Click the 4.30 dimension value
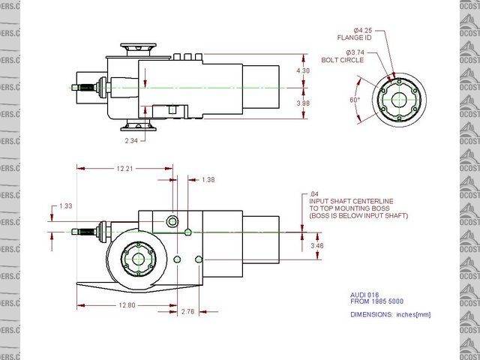(303, 70)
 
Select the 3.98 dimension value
(303, 103)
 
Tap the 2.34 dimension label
(132, 139)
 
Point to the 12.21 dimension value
(124, 168)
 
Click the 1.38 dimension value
(209, 180)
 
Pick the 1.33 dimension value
(66, 206)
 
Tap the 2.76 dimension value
(188, 310)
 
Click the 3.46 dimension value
(316, 245)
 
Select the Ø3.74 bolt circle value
(355, 52)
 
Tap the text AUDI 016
(365, 294)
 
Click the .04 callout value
(313, 193)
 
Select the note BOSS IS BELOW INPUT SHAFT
(358, 216)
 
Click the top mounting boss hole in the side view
(173, 222)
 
